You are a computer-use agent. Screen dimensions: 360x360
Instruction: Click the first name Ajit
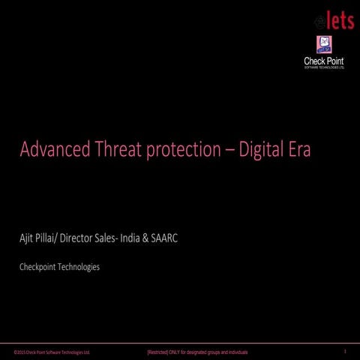(x=28, y=238)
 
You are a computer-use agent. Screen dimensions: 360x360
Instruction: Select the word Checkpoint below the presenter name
(x=40, y=266)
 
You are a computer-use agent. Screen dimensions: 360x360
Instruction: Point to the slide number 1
(x=344, y=351)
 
